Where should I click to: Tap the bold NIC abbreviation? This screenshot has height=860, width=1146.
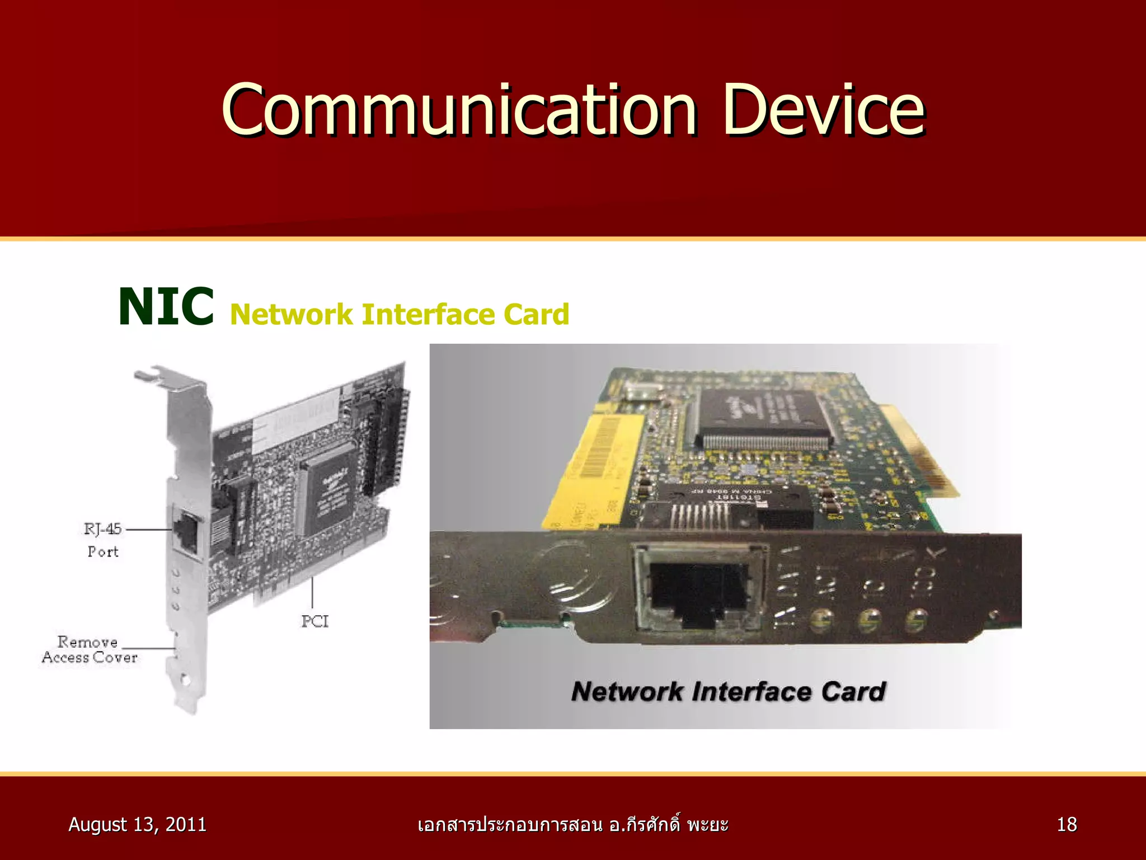tap(166, 306)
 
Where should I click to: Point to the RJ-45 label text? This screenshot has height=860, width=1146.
tap(102, 529)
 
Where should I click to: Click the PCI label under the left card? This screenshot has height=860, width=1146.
tap(315, 621)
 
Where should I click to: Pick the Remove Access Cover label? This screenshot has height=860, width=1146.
tap(90, 649)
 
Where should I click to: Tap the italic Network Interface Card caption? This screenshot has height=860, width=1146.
tap(729, 691)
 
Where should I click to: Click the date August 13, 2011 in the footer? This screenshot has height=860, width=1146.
tap(137, 825)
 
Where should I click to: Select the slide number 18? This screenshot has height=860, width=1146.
tap(1067, 825)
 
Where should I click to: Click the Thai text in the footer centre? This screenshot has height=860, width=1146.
tap(572, 825)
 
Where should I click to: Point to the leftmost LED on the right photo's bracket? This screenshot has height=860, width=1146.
tap(821, 620)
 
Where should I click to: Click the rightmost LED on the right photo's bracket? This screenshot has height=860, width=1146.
tap(915, 620)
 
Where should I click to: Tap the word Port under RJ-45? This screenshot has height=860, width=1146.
tap(103, 552)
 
